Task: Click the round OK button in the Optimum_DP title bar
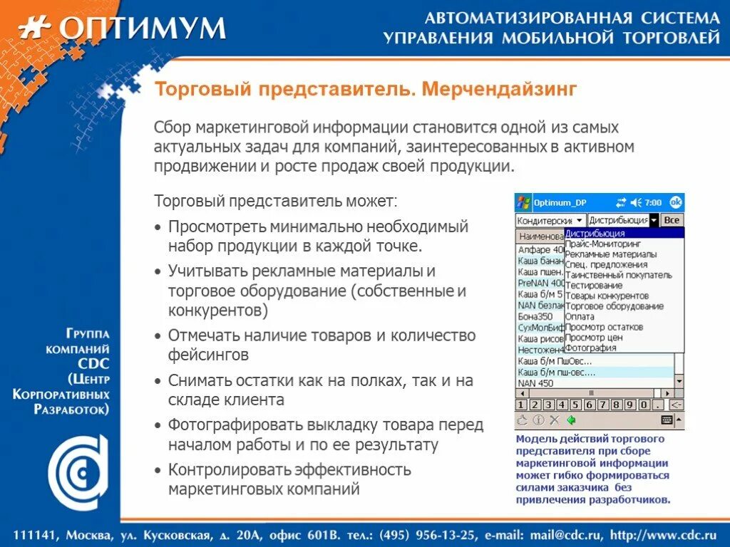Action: pyautogui.click(x=676, y=202)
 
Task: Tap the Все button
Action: pyautogui.click(x=672, y=220)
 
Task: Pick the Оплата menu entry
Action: pyautogui.click(x=580, y=316)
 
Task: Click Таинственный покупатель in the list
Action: pyautogui.click(x=618, y=275)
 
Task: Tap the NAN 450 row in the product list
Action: pyautogui.click(x=535, y=382)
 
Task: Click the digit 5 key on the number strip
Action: pyautogui.click(x=570, y=405)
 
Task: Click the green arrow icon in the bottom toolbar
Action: pyautogui.click(x=572, y=420)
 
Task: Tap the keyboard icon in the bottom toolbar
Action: pyautogui.click(x=667, y=420)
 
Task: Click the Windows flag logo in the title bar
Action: pyautogui.click(x=523, y=202)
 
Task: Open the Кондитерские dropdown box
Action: pyautogui.click(x=550, y=221)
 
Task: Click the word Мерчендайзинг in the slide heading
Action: pyautogui.click(x=498, y=90)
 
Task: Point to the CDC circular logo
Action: pyautogui.click(x=78, y=471)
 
